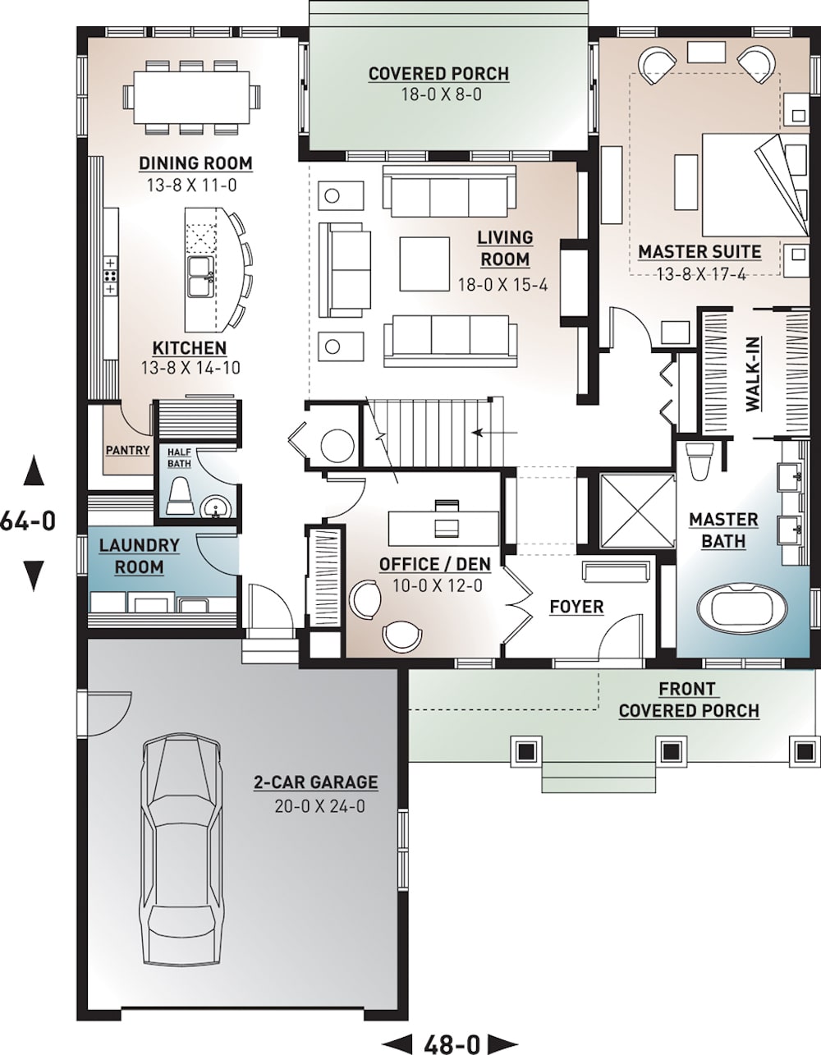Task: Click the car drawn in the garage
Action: pos(181,850)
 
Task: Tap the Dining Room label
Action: pos(195,163)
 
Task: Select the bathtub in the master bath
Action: pos(741,608)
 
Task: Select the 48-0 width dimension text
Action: pos(451,1044)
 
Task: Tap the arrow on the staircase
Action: pos(496,432)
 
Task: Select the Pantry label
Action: pos(127,450)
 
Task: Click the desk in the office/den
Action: pos(443,522)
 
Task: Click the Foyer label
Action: pos(576,607)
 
